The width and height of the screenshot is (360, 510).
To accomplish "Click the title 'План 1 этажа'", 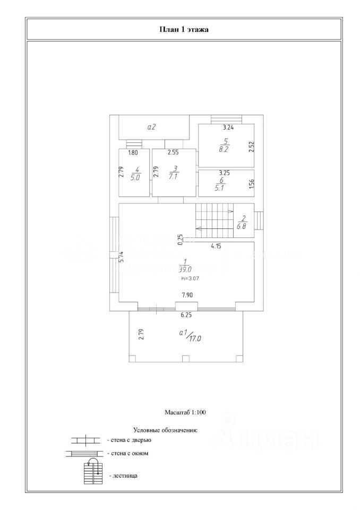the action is (184, 29).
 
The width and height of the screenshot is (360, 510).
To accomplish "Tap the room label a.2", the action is (151, 127).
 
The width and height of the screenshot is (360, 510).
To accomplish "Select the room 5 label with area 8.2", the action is (226, 145).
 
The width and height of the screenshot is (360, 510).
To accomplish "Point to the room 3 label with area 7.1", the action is (173, 174).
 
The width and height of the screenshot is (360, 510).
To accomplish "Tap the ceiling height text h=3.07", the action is (190, 278).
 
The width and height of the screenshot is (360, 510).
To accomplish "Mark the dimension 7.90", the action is (186, 295).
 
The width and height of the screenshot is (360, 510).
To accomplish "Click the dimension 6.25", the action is (186, 315).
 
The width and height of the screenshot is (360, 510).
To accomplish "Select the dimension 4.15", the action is (216, 246).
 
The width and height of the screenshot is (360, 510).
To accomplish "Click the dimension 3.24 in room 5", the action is (228, 127).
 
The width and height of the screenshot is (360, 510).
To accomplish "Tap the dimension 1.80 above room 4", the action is (133, 153).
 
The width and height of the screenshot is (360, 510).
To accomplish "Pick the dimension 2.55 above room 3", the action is (173, 153).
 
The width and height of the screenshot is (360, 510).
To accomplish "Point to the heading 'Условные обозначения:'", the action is (165, 430).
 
